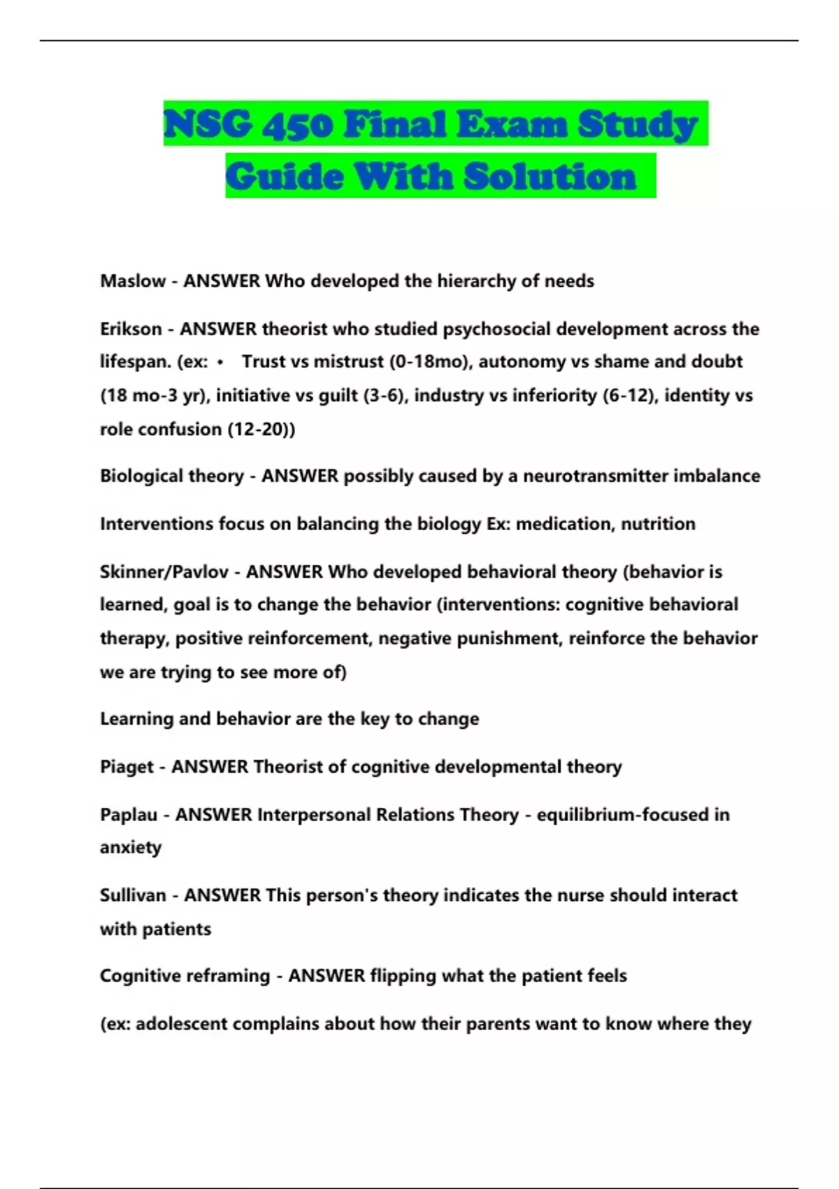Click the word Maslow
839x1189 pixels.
click(x=133, y=281)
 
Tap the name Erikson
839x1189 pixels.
click(x=131, y=329)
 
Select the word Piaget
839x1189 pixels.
click(x=127, y=767)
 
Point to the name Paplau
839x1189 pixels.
click(x=129, y=815)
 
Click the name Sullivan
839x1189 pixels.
click(x=132, y=895)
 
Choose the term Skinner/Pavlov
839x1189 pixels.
click(x=164, y=572)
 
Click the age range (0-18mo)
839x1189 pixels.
click(x=429, y=362)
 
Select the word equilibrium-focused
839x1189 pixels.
click(x=622, y=815)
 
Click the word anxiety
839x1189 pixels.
click(x=131, y=848)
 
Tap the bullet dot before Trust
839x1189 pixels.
click(x=220, y=362)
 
